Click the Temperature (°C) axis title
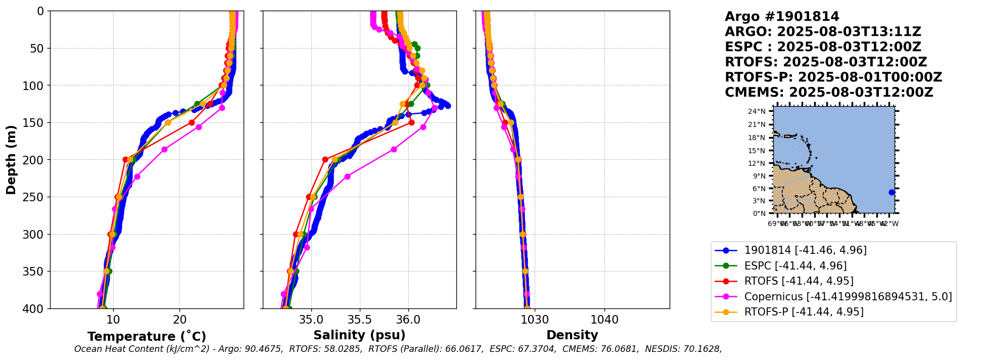[147, 336]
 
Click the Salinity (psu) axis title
[359, 335]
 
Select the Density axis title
[572, 335]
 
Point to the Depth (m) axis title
[11, 160]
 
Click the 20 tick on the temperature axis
[180, 320]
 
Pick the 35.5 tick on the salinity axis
[360, 320]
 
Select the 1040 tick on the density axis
[604, 320]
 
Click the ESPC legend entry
[795, 265]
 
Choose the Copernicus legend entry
[848, 296]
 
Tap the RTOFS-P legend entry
[804, 311]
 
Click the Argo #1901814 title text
[782, 17]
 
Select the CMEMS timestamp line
[829, 93]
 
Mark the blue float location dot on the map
[892, 192]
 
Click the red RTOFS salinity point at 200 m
[325, 159]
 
